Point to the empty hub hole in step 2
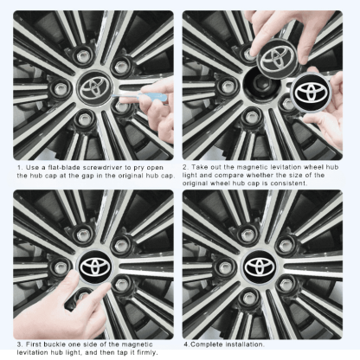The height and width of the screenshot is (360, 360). point(261,84)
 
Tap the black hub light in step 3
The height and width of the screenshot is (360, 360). point(95,267)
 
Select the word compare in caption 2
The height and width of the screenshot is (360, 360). point(229,176)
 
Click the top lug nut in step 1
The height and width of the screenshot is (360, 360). point(83,55)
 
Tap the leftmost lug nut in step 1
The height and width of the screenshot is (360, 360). point(61,87)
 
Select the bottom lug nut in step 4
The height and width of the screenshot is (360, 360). point(249,298)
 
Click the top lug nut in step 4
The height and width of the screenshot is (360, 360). point(248,235)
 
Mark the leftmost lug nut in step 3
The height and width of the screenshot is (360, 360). point(61,267)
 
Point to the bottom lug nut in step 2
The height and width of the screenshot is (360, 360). point(249,119)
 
